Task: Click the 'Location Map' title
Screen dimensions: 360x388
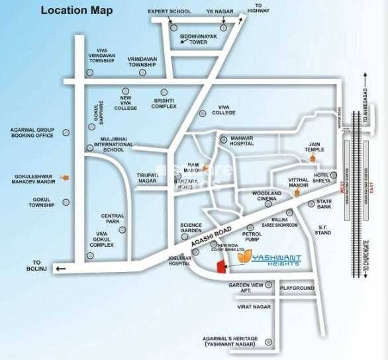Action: [x=76, y=11]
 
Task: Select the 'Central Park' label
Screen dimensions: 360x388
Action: [x=113, y=219]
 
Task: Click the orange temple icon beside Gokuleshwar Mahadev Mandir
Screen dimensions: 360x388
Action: [x=64, y=177]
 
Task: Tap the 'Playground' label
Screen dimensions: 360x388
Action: [x=296, y=289]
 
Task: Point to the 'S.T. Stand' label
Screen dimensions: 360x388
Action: [x=322, y=230]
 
